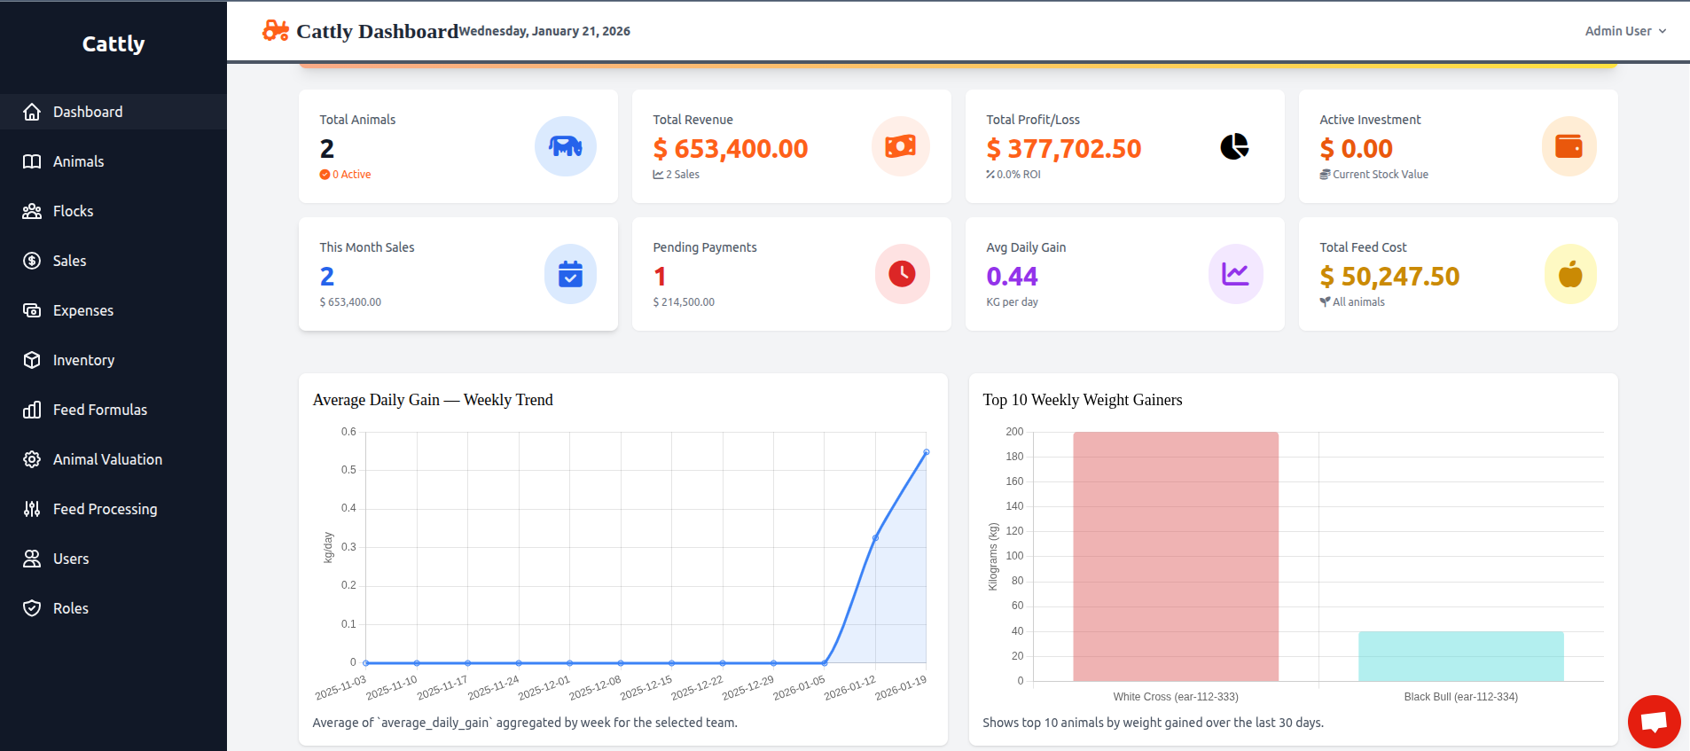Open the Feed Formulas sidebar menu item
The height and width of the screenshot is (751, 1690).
(99, 410)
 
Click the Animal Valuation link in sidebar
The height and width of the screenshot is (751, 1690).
(107, 459)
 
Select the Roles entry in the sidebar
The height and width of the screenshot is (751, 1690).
(70, 608)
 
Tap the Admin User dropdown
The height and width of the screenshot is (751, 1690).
(1624, 31)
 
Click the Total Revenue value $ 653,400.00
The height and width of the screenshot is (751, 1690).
(730, 149)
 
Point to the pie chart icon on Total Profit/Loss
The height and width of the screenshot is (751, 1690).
(1234, 146)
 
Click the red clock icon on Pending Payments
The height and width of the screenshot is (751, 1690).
(902, 274)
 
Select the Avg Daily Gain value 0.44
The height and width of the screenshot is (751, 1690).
(1012, 277)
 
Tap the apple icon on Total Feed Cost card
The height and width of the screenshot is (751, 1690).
(1569, 274)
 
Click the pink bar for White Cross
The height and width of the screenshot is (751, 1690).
(1176, 556)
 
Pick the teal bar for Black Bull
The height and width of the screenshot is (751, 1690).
(1460, 656)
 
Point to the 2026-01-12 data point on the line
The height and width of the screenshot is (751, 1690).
(875, 538)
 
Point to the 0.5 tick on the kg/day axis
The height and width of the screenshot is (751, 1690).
(348, 470)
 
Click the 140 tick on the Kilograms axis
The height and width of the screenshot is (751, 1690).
(1014, 506)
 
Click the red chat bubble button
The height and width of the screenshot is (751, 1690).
(1654, 721)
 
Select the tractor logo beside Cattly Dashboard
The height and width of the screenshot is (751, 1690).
(275, 31)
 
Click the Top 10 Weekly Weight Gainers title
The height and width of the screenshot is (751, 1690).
(1082, 400)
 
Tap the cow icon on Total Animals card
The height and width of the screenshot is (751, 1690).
(565, 146)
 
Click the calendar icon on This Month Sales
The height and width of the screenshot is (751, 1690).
(570, 274)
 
